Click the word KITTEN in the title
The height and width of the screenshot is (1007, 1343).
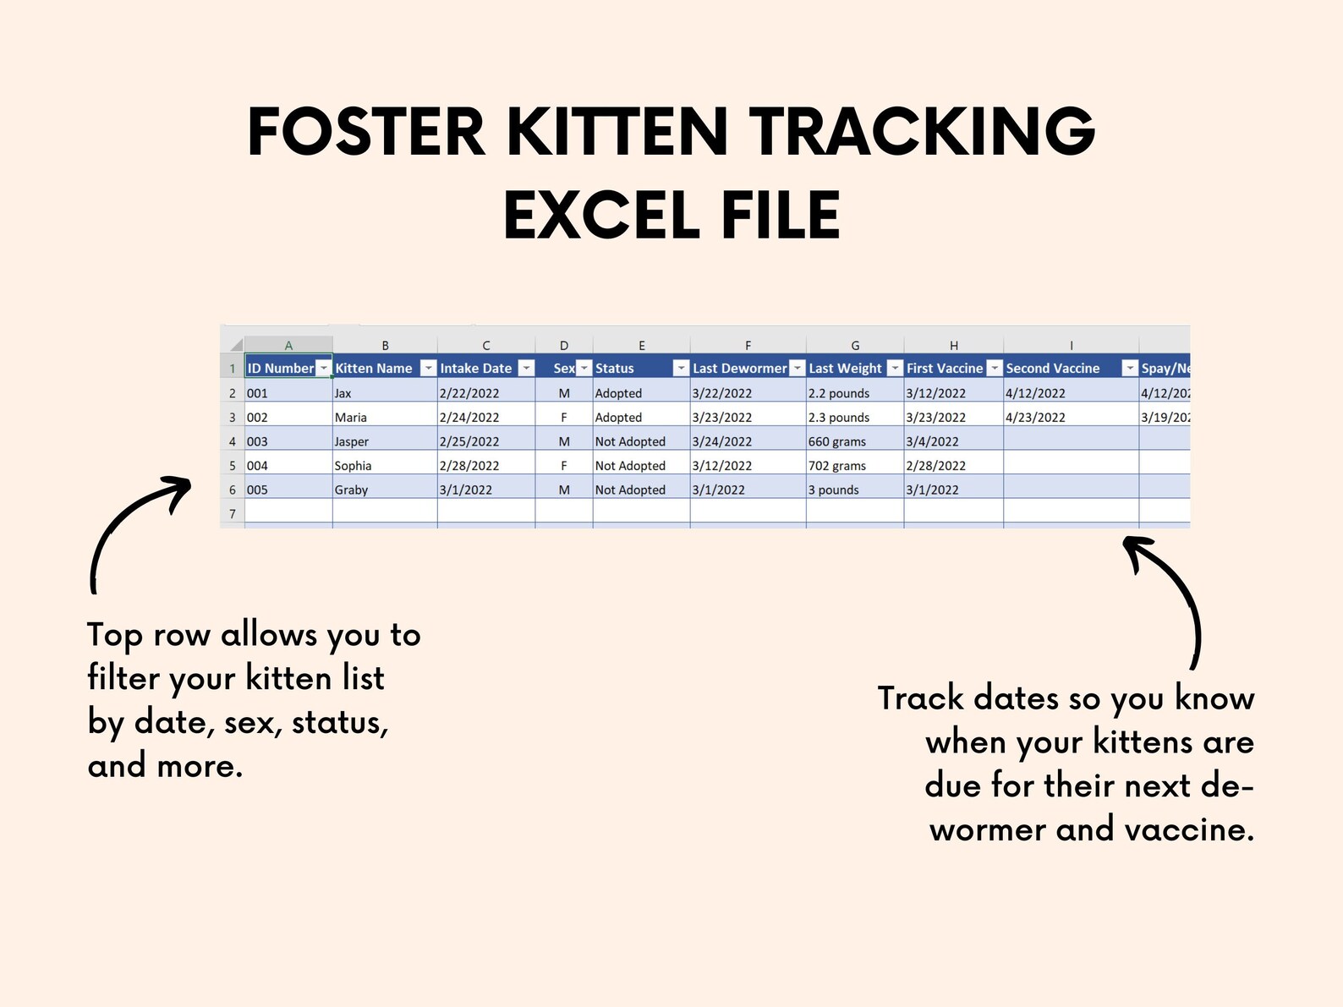click(617, 133)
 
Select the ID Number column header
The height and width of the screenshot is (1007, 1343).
click(280, 368)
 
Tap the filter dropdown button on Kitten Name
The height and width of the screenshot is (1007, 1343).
click(428, 368)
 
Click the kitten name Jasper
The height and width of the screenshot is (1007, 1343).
click(352, 441)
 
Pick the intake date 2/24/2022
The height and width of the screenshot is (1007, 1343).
click(469, 417)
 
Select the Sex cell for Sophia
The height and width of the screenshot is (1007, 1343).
click(564, 465)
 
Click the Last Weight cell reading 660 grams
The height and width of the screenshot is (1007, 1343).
click(837, 441)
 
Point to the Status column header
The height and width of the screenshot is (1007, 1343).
click(615, 368)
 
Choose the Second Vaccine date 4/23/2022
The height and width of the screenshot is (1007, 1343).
click(1035, 417)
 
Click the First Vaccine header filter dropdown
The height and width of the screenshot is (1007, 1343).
click(995, 368)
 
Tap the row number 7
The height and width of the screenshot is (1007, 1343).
click(233, 513)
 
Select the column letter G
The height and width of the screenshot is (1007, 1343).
click(855, 345)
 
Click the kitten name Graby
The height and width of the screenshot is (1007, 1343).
click(351, 490)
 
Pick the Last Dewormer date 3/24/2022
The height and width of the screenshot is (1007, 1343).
click(721, 441)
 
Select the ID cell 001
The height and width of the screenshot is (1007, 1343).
click(257, 393)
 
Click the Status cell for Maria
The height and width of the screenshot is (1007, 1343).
click(618, 417)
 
